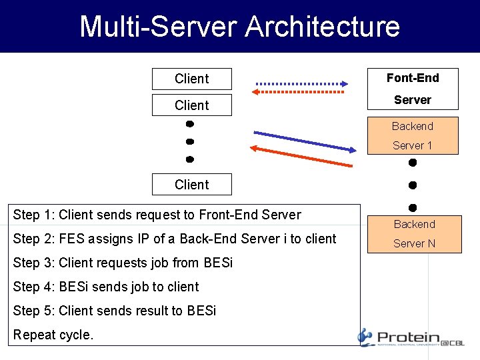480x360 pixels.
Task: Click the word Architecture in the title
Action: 322,27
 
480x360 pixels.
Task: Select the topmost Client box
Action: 192,79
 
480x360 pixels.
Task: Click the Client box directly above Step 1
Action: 192,185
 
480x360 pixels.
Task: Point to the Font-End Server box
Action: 413,89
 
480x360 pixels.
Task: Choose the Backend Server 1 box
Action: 413,135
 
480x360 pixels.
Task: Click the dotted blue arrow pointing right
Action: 302,84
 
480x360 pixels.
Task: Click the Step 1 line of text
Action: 157,215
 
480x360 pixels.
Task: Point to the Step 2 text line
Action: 175,239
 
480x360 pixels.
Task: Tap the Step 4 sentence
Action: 106,287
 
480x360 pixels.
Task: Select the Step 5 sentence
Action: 115,311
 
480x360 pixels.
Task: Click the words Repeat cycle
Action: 53,335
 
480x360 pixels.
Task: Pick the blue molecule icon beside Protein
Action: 365,337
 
